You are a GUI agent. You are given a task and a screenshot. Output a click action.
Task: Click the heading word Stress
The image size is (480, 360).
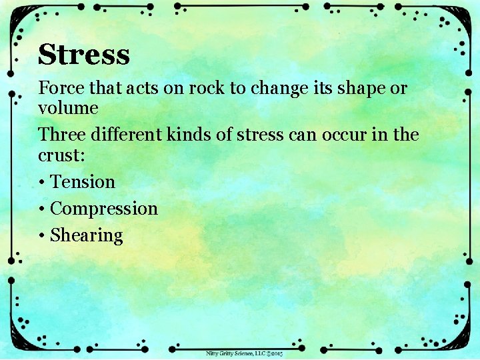tap(84, 55)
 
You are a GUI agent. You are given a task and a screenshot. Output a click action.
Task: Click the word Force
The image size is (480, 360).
tap(57, 88)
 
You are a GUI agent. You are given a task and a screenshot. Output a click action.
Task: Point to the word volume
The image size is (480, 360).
tap(68, 107)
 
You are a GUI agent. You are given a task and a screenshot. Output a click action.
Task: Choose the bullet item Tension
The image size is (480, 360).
tap(83, 182)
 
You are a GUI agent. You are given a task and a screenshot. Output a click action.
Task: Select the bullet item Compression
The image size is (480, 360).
tap(104, 209)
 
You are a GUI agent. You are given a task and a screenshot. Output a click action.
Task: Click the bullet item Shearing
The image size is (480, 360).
tap(87, 236)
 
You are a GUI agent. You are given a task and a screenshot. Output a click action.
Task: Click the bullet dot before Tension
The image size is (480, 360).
tap(42, 183)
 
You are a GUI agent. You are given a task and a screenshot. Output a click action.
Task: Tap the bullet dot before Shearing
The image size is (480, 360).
tap(42, 236)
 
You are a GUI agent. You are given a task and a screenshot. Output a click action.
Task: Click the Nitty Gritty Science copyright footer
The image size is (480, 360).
tap(244, 353)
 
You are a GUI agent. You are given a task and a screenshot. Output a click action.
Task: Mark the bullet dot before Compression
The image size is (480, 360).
tap(42, 209)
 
